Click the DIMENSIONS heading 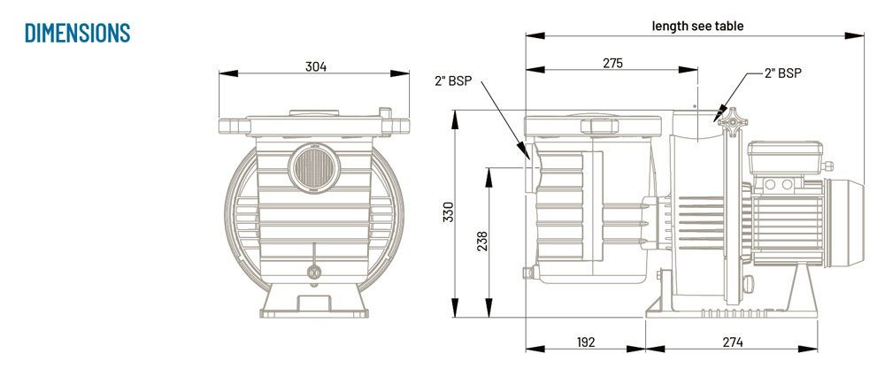pyautogui.click(x=78, y=33)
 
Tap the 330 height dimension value pyautogui.click(x=449, y=213)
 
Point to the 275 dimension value pyautogui.click(x=612, y=63)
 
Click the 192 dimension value pyautogui.click(x=585, y=342)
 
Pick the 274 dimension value pyautogui.click(x=731, y=342)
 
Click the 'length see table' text pyautogui.click(x=698, y=26)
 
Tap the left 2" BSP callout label pyautogui.click(x=453, y=81)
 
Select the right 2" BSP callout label pyautogui.click(x=782, y=74)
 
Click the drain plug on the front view pyautogui.click(x=312, y=272)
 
